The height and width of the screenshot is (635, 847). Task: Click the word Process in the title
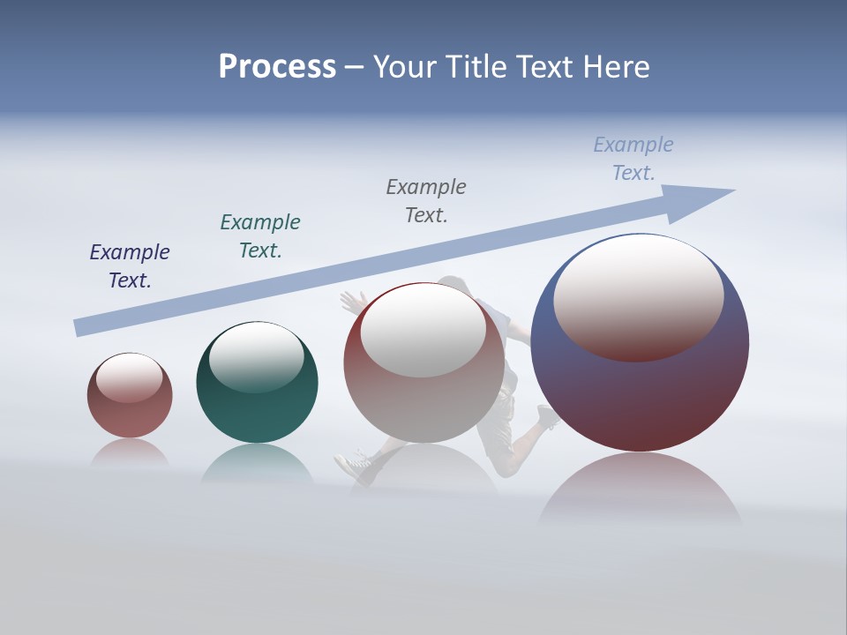click(x=277, y=67)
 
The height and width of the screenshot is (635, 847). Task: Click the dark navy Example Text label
click(x=130, y=265)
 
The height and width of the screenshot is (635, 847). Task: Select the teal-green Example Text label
click(x=260, y=235)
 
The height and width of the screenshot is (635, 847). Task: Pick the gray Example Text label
click(x=426, y=200)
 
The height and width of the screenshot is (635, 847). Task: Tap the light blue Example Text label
click(x=633, y=158)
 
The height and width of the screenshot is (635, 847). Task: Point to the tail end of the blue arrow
click(x=81, y=327)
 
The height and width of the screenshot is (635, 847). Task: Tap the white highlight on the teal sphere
click(x=257, y=357)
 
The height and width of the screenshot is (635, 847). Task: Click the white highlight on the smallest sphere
click(x=130, y=377)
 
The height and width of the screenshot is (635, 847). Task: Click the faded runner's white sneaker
click(x=353, y=464)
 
